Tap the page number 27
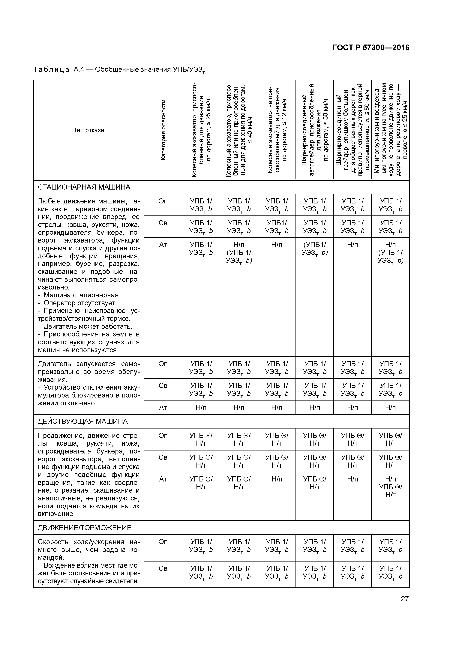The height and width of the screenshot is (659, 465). click(x=404, y=599)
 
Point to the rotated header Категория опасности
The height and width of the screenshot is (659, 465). click(x=163, y=130)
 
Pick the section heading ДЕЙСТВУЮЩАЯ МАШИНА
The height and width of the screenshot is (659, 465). click(x=82, y=421)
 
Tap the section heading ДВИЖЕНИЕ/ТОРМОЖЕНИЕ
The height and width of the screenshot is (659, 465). click(x=85, y=528)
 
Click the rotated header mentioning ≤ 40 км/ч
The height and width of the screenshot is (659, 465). click(x=239, y=130)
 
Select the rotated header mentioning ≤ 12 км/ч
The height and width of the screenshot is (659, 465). click(x=277, y=130)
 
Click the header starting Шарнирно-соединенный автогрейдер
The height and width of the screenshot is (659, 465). click(x=315, y=130)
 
